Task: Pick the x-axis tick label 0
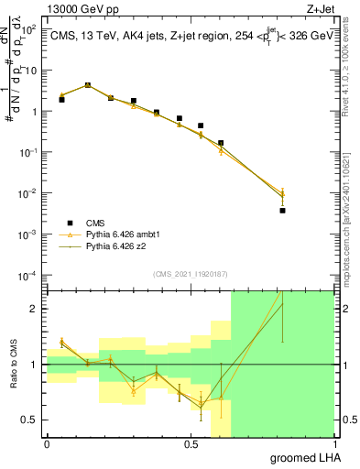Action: [x=47, y=443]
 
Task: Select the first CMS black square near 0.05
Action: [x=61, y=99]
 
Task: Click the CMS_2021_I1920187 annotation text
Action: [x=190, y=274]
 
